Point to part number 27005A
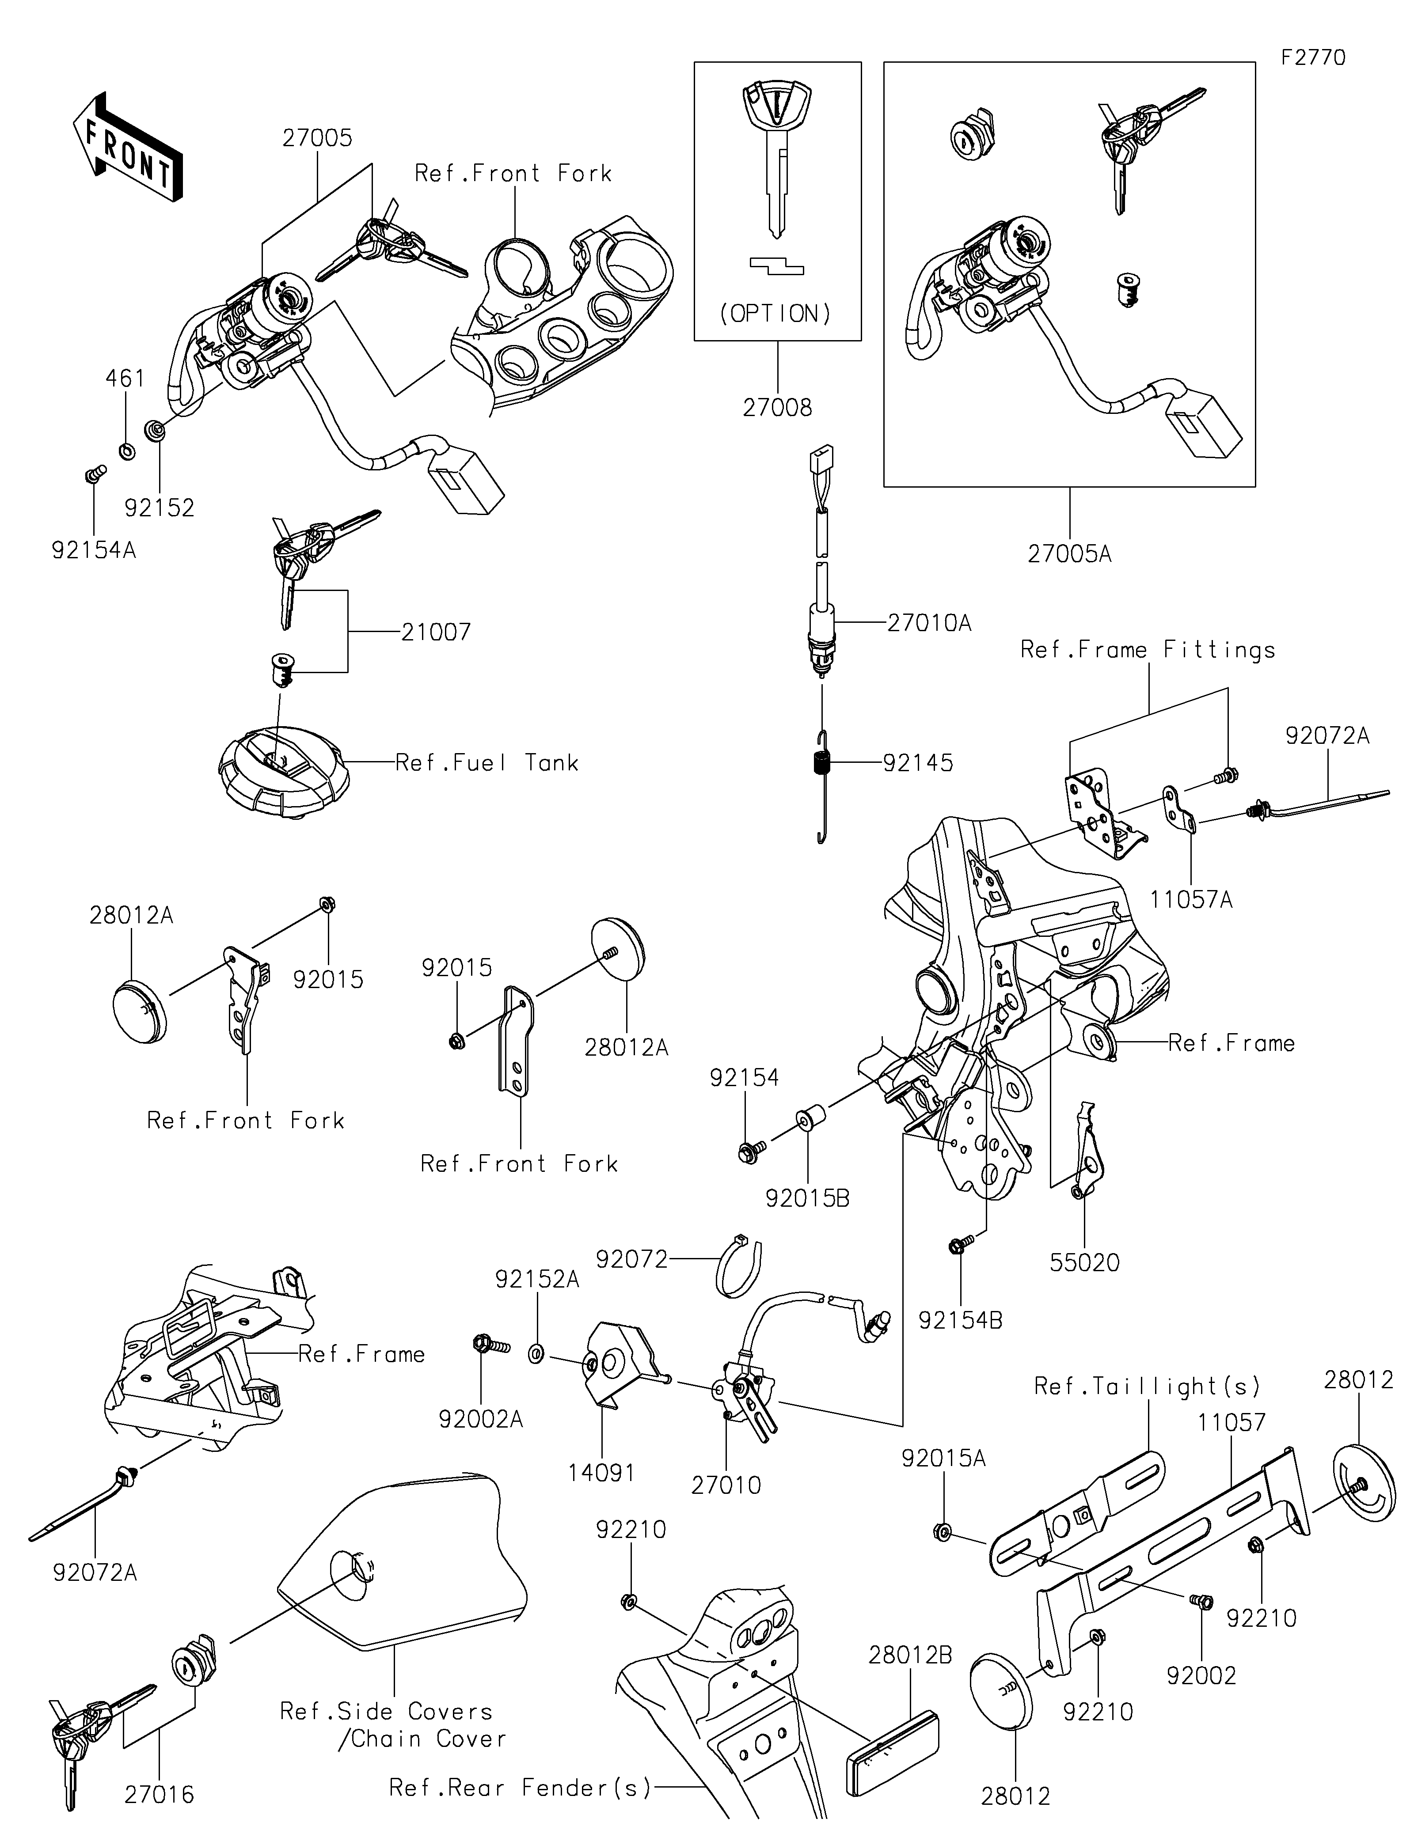coord(1069,553)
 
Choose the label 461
coord(125,379)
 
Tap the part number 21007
coord(436,632)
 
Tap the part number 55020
coord(1084,1262)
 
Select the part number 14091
coord(602,1472)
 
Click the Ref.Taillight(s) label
coord(1147,1386)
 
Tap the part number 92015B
coord(807,1198)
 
